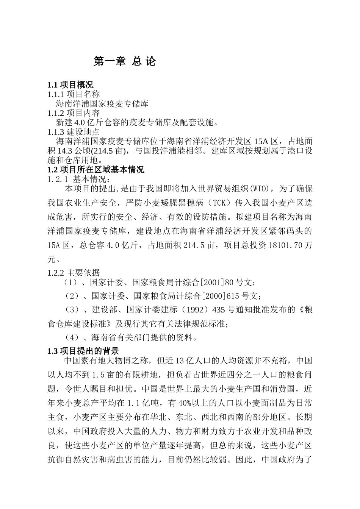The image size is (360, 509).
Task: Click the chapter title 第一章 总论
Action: pos(124,61)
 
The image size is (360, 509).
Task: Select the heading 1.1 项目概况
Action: pos(70,84)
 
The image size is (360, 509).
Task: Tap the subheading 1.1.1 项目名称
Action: pos(74,94)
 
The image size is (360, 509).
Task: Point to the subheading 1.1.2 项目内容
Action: pos(74,113)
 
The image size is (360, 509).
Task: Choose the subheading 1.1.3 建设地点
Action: pos(74,132)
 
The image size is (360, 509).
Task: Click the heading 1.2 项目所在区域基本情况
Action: pos(95,170)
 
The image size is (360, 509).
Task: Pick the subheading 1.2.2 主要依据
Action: pos(74,273)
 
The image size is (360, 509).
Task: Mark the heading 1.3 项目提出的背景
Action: pos(83,351)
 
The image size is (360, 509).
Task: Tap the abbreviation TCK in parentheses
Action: pos(219,203)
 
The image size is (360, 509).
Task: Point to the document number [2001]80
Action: pos(212,283)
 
